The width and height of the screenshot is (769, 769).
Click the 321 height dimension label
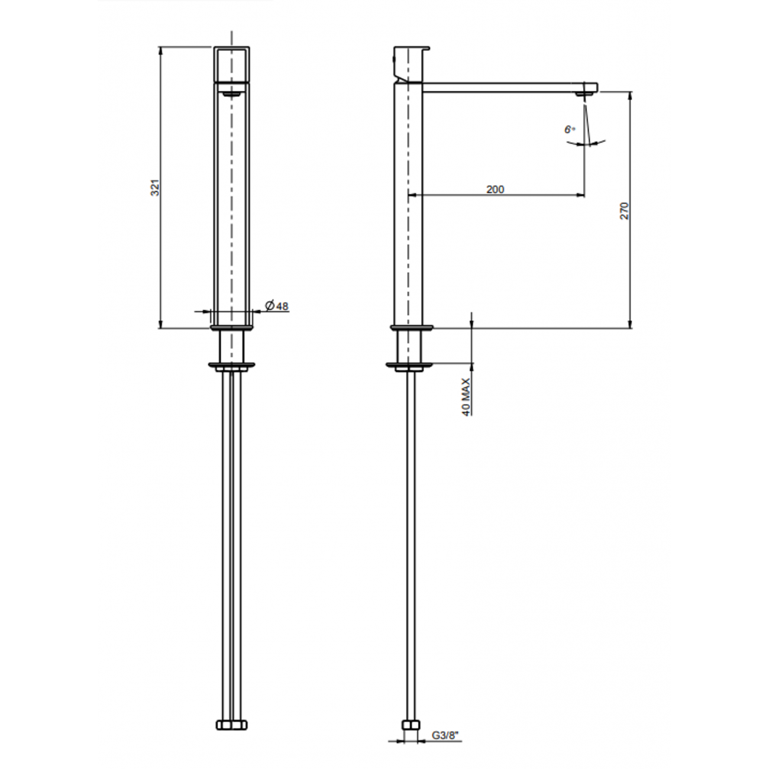click(x=155, y=188)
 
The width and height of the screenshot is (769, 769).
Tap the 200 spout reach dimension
click(x=495, y=189)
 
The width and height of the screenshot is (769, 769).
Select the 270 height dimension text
click(x=625, y=211)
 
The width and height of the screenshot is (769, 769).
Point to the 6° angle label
click(x=570, y=129)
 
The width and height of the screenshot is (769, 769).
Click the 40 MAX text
click(x=466, y=397)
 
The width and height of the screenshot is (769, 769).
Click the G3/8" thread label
click(x=445, y=736)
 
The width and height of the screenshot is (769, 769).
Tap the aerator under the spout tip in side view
click(x=584, y=94)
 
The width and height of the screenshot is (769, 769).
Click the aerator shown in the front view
click(x=231, y=93)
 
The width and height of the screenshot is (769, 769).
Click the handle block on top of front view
click(x=231, y=63)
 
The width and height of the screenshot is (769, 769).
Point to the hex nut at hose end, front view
click(x=232, y=725)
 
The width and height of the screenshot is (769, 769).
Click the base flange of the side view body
click(x=412, y=327)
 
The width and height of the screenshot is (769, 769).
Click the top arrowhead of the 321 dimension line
click(x=160, y=51)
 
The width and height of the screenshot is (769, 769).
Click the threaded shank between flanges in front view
click(x=231, y=345)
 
